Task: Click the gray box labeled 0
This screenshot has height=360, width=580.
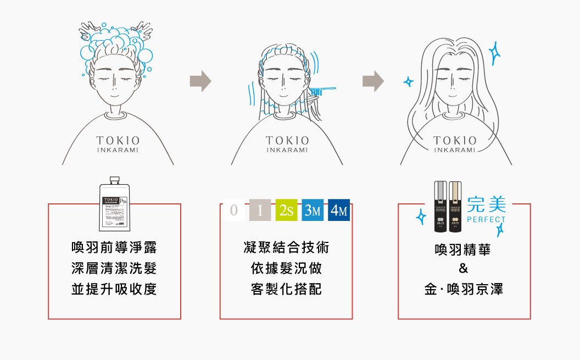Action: tap(233, 211)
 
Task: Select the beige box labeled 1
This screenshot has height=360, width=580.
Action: tap(260, 211)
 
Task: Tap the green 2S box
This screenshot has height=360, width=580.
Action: tap(286, 211)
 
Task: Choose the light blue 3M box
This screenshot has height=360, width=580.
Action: tap(313, 211)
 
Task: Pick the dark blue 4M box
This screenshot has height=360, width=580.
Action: tap(339, 211)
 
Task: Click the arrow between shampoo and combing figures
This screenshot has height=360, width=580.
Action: tap(200, 81)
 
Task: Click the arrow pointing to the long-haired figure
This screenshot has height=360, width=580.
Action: tap(373, 81)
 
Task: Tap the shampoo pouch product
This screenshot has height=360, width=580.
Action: tap(115, 205)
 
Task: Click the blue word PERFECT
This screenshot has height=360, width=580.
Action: tap(486, 220)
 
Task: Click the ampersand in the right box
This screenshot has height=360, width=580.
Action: tap(464, 269)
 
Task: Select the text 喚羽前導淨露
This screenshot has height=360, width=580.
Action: tap(114, 248)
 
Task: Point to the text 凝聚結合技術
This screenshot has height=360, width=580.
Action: tap(286, 248)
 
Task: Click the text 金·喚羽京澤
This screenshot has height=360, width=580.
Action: tap(464, 290)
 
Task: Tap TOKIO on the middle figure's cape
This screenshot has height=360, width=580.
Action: tap(287, 141)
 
